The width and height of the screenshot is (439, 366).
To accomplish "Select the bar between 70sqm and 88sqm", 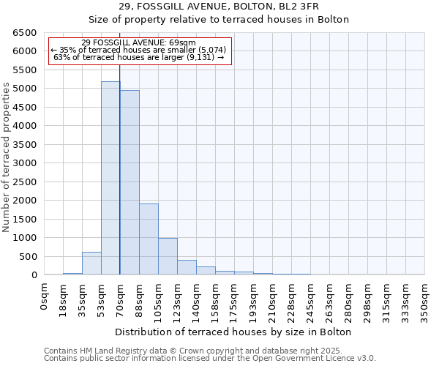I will tap(130, 182).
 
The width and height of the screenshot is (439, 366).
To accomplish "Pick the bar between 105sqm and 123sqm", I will tap(168, 256).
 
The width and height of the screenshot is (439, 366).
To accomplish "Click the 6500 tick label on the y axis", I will tap(23, 33).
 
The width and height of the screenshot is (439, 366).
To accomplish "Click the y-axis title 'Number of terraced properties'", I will tap(7, 157).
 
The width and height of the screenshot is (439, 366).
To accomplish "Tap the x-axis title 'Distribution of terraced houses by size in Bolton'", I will tap(234, 332).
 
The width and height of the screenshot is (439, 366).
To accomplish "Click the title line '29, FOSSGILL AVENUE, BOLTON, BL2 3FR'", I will tap(219, 7).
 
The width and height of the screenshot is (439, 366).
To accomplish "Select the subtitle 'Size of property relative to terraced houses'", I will tap(219, 20).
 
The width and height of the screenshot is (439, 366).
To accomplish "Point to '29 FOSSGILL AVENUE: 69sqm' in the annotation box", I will tap(138, 43).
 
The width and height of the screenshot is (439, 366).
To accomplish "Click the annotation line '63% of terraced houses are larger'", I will tap(138, 58).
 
